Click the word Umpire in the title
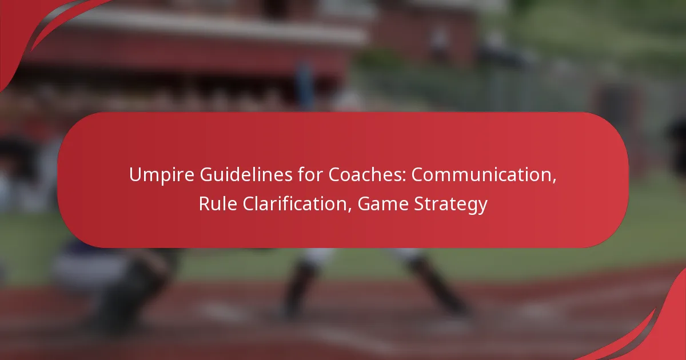pyautogui.click(x=162, y=175)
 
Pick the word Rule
pyautogui.click(x=218, y=204)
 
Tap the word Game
pyautogui.click(x=383, y=204)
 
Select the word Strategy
pyautogui.click(x=450, y=205)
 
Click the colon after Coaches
pyautogui.click(x=405, y=177)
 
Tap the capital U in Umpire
pyautogui.click(x=135, y=175)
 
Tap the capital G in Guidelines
pyautogui.click(x=207, y=175)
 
